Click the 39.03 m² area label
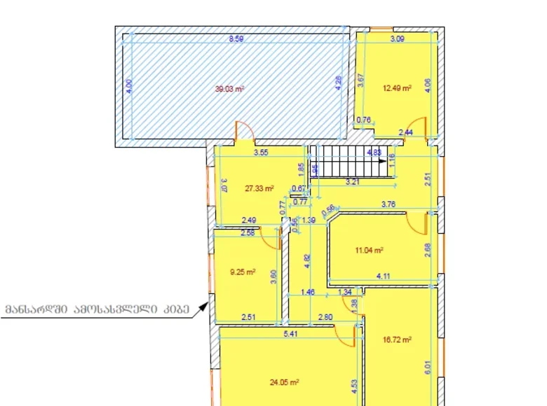coord(229,89)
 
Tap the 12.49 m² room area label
coord(396,89)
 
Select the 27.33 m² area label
coord(258,188)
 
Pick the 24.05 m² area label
coord(285,382)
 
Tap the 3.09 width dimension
coord(397,40)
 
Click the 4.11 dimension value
coord(384,276)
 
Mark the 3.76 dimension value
coord(388,205)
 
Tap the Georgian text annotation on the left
coord(97,309)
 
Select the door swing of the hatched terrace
coord(244,130)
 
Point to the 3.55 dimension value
coord(261,152)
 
